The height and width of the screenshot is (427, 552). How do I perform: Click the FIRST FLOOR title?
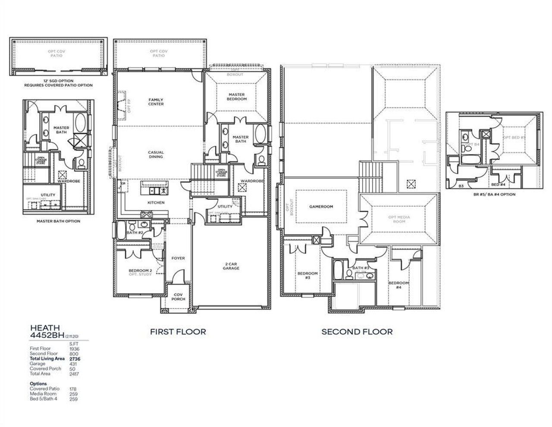tap(178, 332)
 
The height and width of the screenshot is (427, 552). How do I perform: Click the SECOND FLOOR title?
tap(357, 332)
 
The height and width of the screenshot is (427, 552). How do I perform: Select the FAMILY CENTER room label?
tap(156, 101)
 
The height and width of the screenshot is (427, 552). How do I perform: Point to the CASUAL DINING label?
tap(156, 154)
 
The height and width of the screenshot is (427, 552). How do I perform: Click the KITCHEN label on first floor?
tap(156, 202)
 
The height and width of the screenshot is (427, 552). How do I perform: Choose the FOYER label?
tap(178, 258)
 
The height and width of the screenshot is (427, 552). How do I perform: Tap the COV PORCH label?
tap(178, 297)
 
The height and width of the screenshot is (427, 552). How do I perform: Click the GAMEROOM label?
tap(321, 206)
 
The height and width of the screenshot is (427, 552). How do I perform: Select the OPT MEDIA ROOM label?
tap(399, 219)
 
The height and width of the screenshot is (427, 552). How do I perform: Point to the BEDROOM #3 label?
tap(307, 275)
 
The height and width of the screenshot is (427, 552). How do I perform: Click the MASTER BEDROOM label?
tap(237, 97)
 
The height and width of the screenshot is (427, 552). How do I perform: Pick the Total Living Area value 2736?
tap(74, 358)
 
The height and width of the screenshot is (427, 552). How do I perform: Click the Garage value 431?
tap(73, 364)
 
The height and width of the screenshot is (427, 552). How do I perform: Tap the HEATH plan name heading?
tap(44, 328)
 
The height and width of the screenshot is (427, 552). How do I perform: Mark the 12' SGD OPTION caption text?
tap(58, 81)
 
